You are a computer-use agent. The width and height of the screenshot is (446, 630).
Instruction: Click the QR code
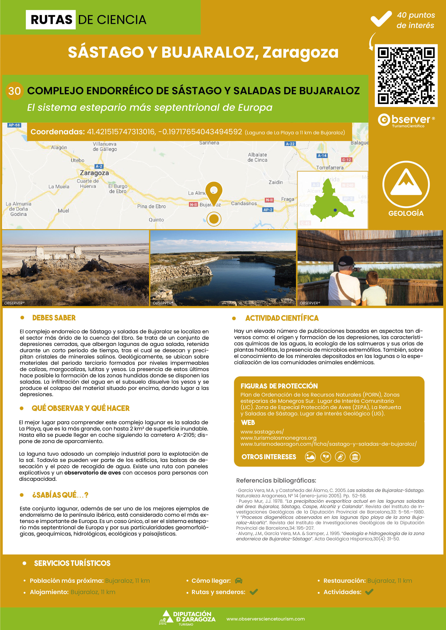tap(406, 75)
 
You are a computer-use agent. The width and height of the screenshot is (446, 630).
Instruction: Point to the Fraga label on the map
tap(288, 199)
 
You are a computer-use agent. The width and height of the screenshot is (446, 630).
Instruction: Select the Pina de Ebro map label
tap(151, 206)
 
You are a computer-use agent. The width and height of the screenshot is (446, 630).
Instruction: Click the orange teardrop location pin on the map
tap(214, 192)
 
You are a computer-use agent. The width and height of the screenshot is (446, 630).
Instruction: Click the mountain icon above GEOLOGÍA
tap(406, 183)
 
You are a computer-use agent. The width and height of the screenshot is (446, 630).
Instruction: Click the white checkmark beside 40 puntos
tap(381, 19)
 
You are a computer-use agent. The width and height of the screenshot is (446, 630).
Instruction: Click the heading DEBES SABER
tap(54, 318)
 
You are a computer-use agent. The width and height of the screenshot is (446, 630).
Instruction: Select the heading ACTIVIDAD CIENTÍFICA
tap(282, 318)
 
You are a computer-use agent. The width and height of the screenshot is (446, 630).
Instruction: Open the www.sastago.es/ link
tap(262, 432)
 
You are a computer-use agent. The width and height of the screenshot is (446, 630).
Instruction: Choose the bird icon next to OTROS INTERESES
tap(340, 457)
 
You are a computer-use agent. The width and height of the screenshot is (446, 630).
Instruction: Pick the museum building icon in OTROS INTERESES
tap(355, 457)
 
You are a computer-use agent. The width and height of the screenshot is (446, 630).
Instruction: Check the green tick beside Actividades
tap(369, 592)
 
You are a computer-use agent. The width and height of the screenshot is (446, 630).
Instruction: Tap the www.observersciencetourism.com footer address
tap(265, 619)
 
